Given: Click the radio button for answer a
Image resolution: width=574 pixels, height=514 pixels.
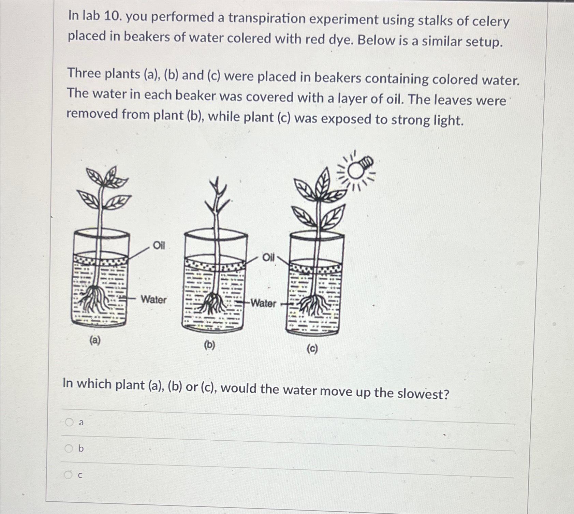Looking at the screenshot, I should pos(69,422).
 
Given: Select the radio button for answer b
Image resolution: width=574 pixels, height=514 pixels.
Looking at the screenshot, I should pos(69,448).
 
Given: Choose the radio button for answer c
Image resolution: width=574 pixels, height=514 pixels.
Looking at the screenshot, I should pos(69,474).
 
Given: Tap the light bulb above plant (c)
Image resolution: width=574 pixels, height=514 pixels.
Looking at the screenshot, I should pos(359,168).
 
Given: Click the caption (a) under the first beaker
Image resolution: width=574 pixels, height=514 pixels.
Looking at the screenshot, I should pos(95,340).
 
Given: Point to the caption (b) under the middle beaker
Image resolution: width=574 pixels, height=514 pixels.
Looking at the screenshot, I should pos(209,345).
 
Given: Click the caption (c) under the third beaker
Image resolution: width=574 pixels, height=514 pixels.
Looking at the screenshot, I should pos(312,349).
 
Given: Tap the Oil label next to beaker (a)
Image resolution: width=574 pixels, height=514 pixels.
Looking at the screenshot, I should pos(159,245).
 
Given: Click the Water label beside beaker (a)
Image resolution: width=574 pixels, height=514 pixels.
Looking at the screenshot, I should pos(153,299).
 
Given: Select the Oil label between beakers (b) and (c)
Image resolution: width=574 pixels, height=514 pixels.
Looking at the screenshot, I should pos(268,257).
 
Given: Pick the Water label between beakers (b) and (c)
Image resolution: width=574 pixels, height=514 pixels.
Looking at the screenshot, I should pos(263,303).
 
